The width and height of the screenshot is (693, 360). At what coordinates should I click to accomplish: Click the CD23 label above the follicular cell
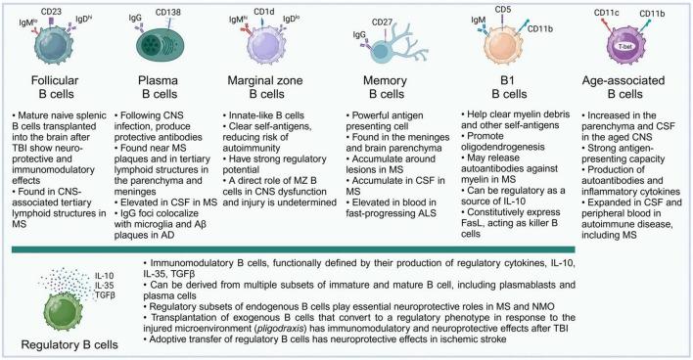click(x=54, y=9)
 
